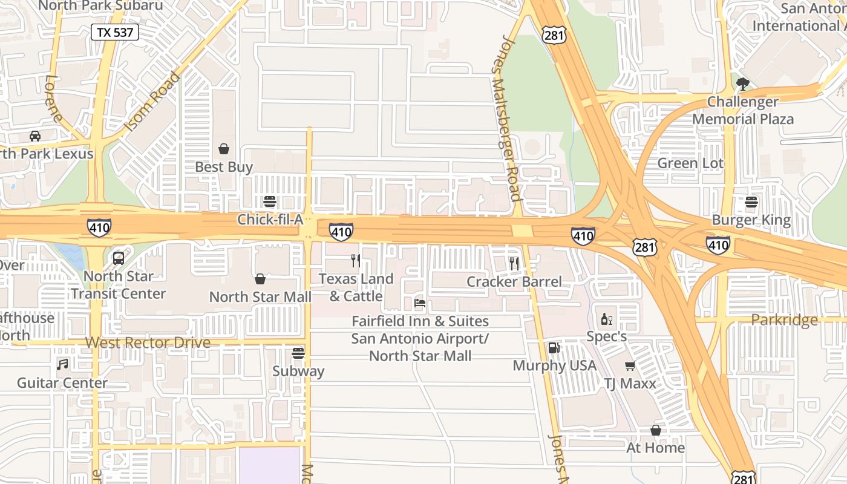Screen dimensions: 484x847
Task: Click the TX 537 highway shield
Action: (x=115, y=32)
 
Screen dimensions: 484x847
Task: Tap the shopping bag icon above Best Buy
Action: (x=224, y=148)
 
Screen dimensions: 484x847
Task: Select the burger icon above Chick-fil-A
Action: (x=270, y=201)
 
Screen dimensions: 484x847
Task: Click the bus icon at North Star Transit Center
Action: (x=119, y=258)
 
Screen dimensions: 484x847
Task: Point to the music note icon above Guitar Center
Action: (x=62, y=364)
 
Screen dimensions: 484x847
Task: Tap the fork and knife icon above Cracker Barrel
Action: (x=514, y=263)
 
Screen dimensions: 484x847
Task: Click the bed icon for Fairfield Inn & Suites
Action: (x=420, y=302)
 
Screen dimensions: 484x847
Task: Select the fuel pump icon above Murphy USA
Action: (x=554, y=348)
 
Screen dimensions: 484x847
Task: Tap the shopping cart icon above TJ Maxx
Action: (x=630, y=365)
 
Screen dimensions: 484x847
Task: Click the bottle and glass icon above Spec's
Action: (x=606, y=319)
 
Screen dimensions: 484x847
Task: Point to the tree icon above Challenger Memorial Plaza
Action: (x=742, y=84)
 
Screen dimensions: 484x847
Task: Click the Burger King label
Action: (x=751, y=220)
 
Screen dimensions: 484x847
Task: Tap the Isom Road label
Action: (x=152, y=102)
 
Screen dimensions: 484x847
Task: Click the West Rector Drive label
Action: (x=148, y=342)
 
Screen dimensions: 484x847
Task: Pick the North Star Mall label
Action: (x=260, y=297)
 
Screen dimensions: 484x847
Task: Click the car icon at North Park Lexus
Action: (x=35, y=136)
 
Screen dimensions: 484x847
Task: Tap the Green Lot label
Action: (x=690, y=163)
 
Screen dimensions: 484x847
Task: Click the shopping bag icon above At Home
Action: (x=655, y=430)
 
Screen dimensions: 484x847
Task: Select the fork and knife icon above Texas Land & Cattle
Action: (x=356, y=261)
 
